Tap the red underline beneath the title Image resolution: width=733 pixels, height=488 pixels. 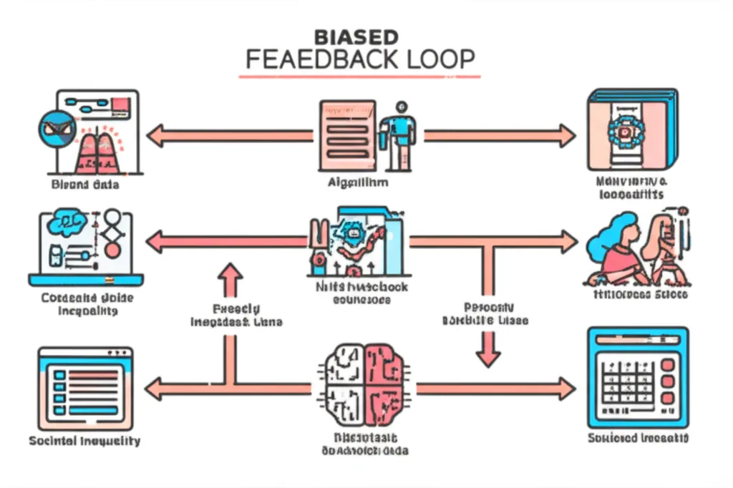pyautogui.click(x=359, y=75)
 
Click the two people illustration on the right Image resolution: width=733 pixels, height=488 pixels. pyautogui.click(x=637, y=247)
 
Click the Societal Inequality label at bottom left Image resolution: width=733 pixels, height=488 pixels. pyautogui.click(x=84, y=441)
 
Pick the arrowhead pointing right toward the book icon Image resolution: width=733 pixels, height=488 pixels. pyautogui.click(x=568, y=135)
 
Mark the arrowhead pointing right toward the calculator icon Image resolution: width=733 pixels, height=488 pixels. pyautogui.click(x=567, y=389)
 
